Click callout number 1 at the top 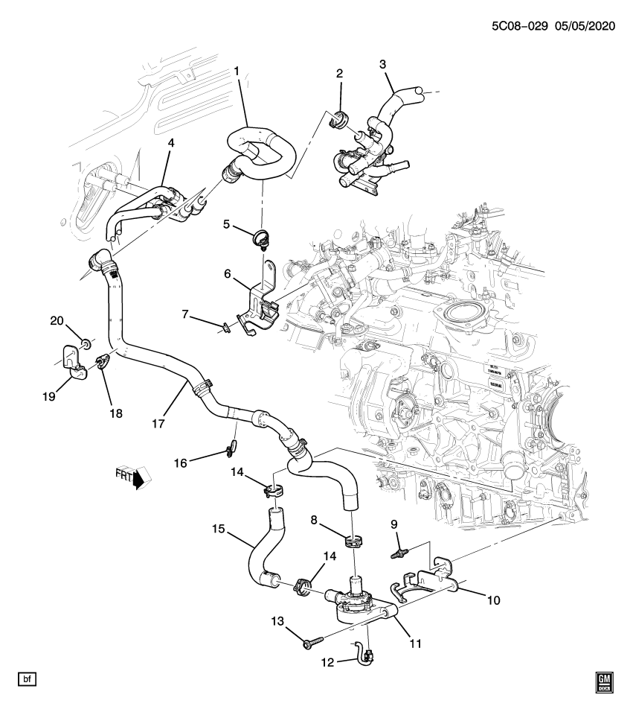pyautogui.click(x=237, y=71)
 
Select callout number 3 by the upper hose pyautogui.click(x=383, y=64)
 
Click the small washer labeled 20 pyautogui.click(x=86, y=343)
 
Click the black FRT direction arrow pyautogui.click(x=138, y=481)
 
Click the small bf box pyautogui.click(x=27, y=679)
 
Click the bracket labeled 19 pyautogui.click(x=71, y=361)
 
